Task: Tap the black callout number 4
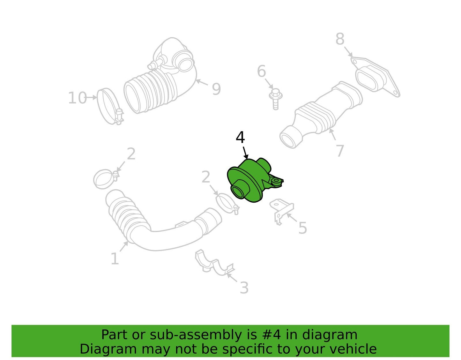click(x=240, y=137)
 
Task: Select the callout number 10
click(x=78, y=98)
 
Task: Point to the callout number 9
click(x=216, y=89)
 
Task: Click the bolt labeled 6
click(x=275, y=99)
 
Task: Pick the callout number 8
click(x=340, y=39)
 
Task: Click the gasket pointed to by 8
click(x=375, y=77)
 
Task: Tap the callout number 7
click(x=340, y=151)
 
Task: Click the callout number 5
click(x=302, y=228)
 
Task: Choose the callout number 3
click(x=244, y=288)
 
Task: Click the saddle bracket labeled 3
click(x=215, y=263)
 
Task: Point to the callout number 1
click(x=115, y=259)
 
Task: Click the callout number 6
click(x=261, y=71)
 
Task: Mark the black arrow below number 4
click(x=245, y=153)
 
